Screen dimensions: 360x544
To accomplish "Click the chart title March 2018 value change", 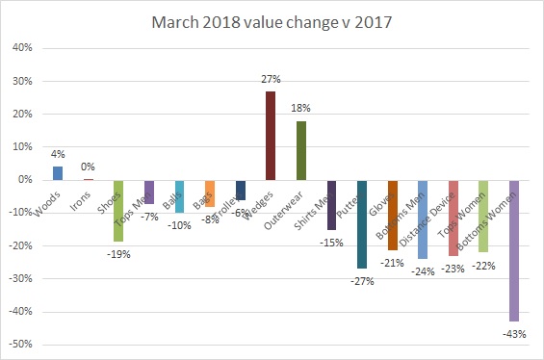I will point(272,21).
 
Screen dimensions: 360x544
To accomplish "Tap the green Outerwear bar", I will point(301,150).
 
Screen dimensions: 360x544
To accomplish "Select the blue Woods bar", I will point(58,173).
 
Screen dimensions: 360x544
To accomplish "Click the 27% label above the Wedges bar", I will point(271,81).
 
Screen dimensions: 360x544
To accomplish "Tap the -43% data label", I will point(514,333).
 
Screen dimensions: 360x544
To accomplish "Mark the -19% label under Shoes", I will point(118,254).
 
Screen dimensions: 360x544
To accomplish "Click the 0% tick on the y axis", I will point(24,180).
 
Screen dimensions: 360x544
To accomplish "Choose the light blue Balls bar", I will point(179,196).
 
